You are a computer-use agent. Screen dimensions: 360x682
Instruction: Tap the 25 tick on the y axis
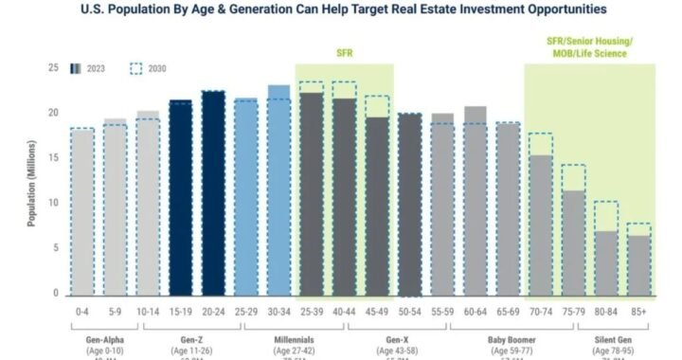(53, 67)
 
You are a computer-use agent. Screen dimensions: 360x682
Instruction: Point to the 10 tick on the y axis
(53, 203)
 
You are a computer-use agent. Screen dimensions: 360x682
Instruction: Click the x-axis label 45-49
(377, 309)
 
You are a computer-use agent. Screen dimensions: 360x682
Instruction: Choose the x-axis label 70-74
(540, 309)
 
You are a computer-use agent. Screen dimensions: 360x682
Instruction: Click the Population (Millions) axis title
(30, 180)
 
